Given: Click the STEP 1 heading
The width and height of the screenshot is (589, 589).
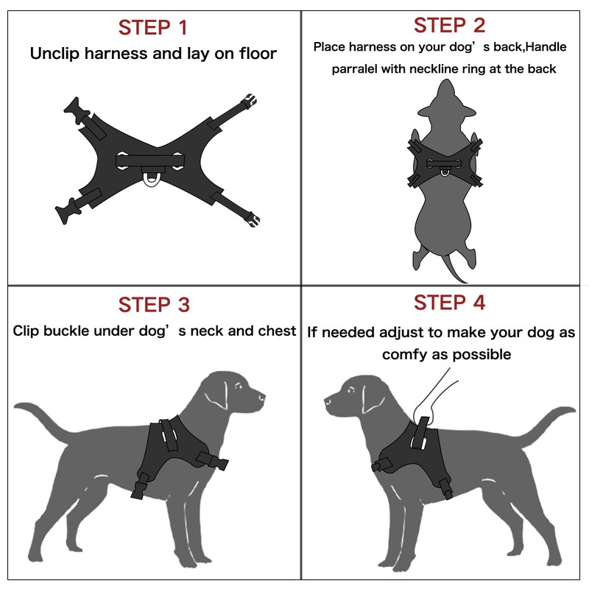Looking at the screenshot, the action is [152, 27].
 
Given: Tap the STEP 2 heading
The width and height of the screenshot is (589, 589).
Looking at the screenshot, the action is [449, 25].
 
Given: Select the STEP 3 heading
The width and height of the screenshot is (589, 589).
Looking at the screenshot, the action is [154, 304].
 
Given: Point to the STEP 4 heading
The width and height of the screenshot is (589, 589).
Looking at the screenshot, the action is [449, 303].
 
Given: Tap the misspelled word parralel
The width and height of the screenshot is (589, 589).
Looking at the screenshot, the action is [354, 69].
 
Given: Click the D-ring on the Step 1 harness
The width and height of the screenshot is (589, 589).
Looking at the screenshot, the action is [151, 181].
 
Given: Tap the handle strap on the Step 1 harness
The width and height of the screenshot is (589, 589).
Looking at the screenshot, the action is [150, 161].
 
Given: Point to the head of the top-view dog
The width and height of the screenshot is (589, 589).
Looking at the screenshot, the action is [446, 102].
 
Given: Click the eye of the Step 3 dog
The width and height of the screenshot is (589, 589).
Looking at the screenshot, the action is [237, 386].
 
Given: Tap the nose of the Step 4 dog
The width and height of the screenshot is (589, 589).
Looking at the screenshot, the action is [327, 401].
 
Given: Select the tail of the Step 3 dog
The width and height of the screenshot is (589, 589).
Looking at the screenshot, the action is [41, 417].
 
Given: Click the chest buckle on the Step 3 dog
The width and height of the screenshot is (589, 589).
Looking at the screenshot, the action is [213, 461].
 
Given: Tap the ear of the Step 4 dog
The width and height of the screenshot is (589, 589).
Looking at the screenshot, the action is [371, 399].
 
